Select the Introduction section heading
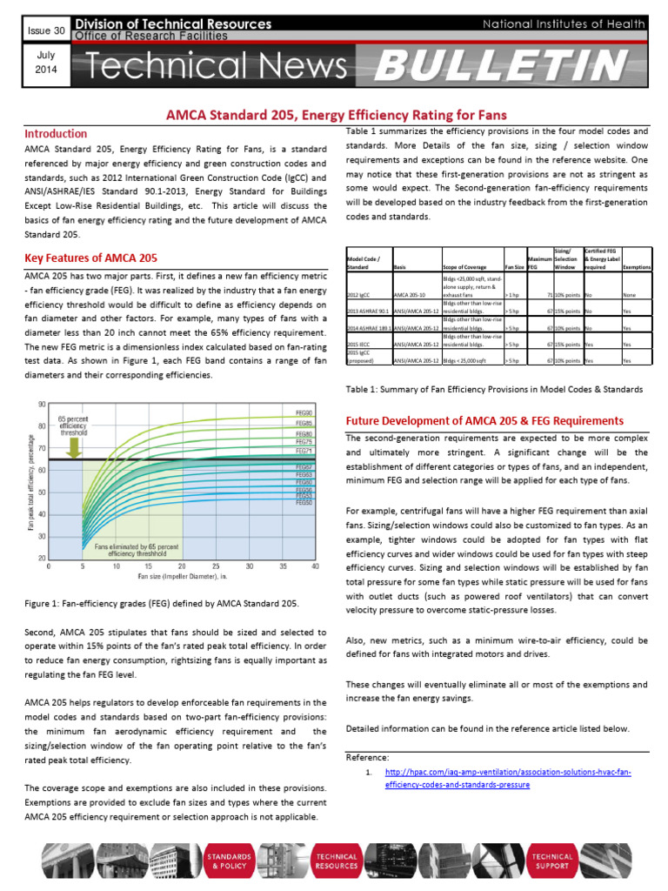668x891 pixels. pyautogui.click(x=56, y=134)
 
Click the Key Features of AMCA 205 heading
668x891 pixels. pyautogui.click(x=91, y=258)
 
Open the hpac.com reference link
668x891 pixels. pyautogui.click(x=507, y=778)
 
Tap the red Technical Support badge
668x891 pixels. pyautogui.click(x=553, y=861)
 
